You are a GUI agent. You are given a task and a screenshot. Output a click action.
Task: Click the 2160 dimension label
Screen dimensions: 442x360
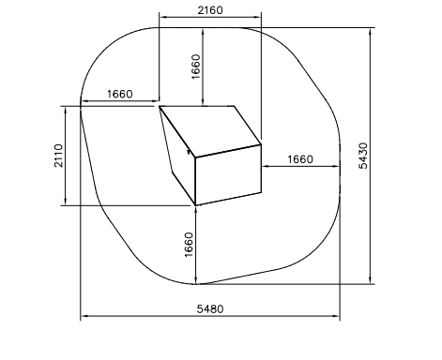point(210,10)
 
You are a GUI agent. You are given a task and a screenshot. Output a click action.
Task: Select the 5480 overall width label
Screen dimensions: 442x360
point(210,309)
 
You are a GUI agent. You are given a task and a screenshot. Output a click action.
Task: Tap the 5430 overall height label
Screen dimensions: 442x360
point(363,156)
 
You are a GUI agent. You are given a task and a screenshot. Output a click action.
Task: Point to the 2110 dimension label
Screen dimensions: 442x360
point(58,156)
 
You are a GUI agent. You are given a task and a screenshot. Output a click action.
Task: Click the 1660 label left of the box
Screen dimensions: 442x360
point(120,94)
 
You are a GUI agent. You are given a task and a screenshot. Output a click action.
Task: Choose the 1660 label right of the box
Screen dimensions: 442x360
point(300,159)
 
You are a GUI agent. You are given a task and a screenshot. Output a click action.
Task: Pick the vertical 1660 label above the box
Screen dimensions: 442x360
point(195,67)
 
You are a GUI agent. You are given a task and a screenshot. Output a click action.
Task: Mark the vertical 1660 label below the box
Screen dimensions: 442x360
point(190,245)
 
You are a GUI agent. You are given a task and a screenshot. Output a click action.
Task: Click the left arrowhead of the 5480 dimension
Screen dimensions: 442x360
point(84,316)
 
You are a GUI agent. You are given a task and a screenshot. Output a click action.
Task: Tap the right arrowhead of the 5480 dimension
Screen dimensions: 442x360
point(336,316)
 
